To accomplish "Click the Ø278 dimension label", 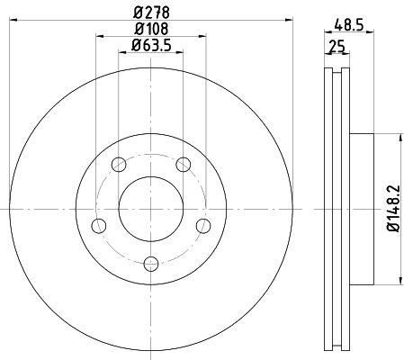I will pos(151,13).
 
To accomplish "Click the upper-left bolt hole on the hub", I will pos(119,164).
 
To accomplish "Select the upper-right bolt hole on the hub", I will pos(184,164).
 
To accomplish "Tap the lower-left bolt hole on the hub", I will pos(99,224).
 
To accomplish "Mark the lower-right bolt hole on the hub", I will pos(203,224).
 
